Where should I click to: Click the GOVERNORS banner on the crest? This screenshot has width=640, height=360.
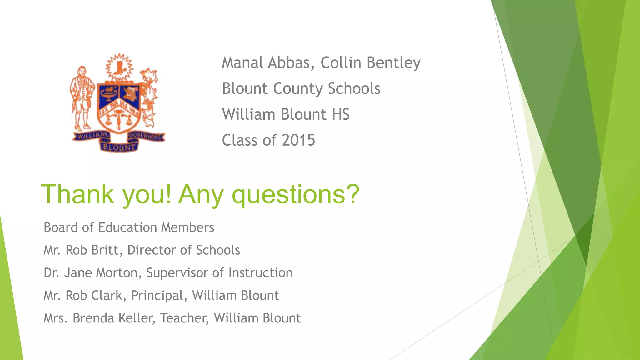(146, 137)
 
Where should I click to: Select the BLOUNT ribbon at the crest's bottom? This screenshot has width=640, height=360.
(119, 147)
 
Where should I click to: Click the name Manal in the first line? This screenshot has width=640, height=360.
(242, 63)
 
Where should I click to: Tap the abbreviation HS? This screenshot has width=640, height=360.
(341, 114)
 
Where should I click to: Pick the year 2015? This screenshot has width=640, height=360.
(298, 140)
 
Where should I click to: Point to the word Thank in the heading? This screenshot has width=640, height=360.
(77, 194)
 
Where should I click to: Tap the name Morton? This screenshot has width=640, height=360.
(117, 273)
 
